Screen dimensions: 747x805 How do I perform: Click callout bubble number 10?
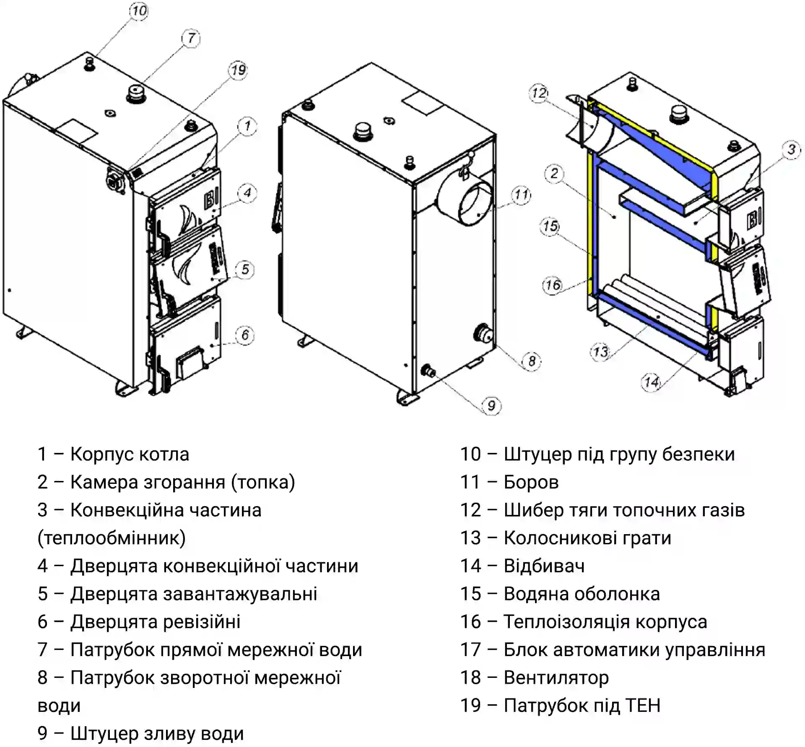coord(139,10)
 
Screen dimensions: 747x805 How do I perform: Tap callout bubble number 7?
coord(191,39)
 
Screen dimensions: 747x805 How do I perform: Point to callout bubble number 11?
coord(521,195)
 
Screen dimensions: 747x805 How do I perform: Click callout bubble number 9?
coord(491,406)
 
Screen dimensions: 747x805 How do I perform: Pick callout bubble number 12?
coord(539,93)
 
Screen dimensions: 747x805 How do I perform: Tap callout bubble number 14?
coord(651,382)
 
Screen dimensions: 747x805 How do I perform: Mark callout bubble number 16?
coord(553,285)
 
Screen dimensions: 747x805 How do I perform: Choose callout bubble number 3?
coord(791,150)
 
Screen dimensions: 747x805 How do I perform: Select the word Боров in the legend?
coord(531,482)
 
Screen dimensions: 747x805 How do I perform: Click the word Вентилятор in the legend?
coord(556,677)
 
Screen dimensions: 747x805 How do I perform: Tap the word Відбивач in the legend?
coord(544,566)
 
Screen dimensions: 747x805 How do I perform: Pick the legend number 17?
coord(470,650)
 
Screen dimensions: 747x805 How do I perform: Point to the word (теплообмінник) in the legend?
coord(112,538)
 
